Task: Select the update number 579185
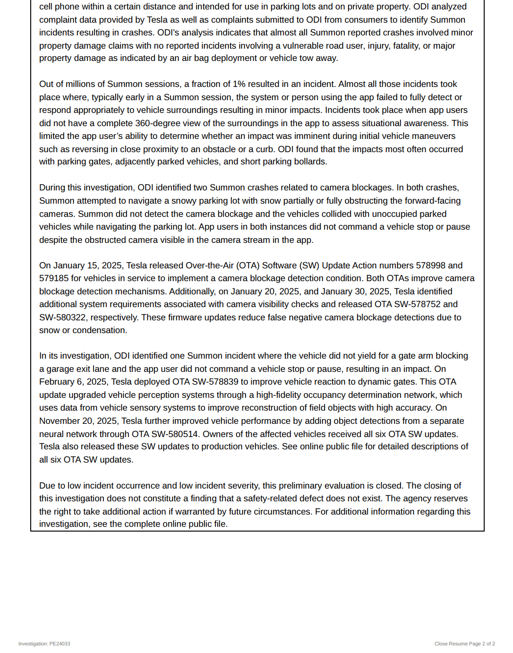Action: tap(54, 278)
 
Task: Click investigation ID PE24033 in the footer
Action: tap(60, 644)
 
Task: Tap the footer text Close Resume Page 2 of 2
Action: tap(465, 644)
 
